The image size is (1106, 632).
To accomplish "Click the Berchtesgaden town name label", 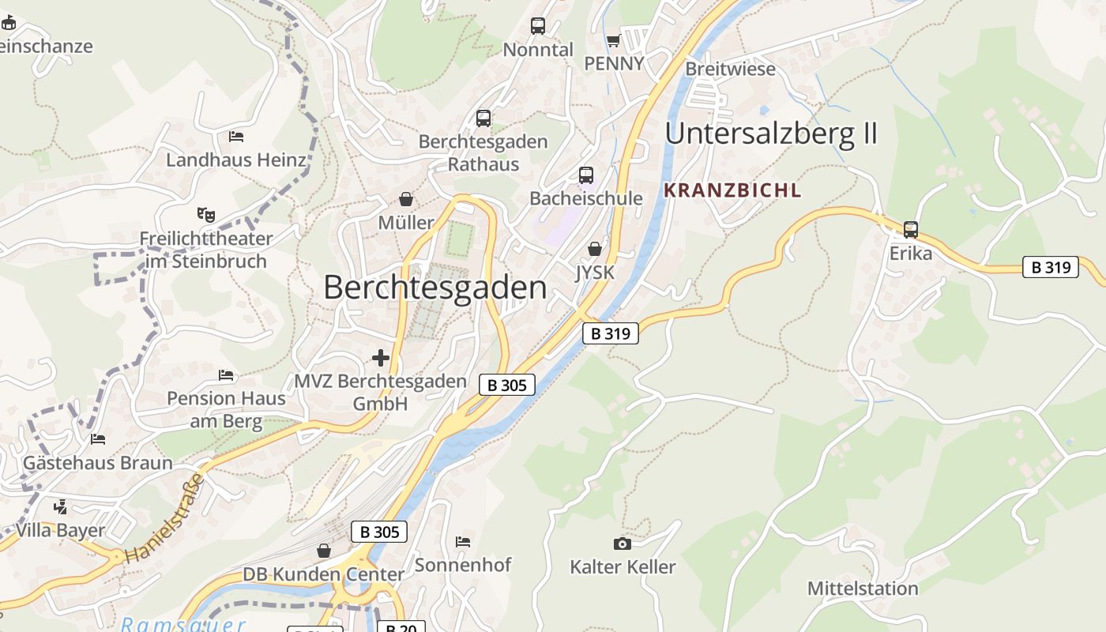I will (434, 288).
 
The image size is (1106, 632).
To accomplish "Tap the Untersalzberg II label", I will (771, 134).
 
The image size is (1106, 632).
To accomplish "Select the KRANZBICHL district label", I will (732, 190).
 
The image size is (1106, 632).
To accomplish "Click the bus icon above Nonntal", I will (538, 26).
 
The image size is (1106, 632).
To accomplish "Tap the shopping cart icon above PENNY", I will (613, 40).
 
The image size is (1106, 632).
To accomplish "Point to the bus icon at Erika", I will (911, 230).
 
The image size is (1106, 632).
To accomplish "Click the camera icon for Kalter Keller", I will (623, 544).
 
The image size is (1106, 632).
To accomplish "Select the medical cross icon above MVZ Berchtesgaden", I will (381, 358).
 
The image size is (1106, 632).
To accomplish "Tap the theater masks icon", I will (206, 214).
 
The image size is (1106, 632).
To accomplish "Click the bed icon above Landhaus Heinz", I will (236, 136).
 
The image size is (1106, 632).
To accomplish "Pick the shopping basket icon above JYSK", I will (595, 249).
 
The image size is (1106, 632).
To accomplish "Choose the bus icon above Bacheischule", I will (585, 175).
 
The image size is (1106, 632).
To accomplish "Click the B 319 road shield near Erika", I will (1051, 267).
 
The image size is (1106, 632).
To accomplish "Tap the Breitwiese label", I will (730, 69).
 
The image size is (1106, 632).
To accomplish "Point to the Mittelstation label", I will (863, 589).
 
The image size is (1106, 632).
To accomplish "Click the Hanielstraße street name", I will (165, 518).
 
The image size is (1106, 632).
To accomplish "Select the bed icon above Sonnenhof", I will (463, 542).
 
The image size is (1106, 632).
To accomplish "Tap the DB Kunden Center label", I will (323, 574).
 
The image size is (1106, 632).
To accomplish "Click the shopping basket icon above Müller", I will (406, 199).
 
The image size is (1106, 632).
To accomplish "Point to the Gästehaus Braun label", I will (97, 463).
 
